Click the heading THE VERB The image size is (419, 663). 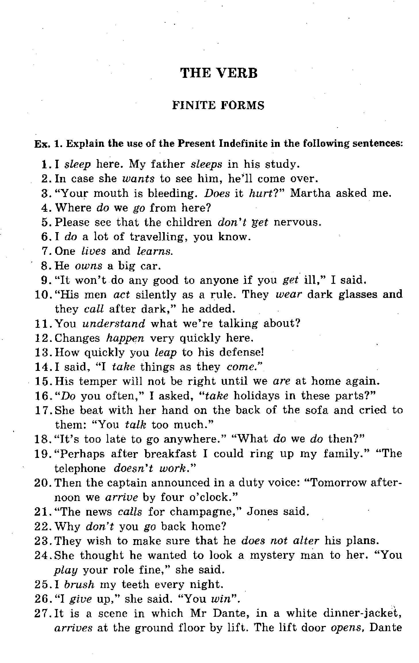(x=219, y=73)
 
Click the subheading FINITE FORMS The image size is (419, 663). (x=218, y=105)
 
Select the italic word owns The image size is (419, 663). (x=88, y=266)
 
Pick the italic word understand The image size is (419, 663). (x=114, y=324)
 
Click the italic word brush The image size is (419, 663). (x=79, y=584)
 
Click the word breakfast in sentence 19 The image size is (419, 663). (x=170, y=454)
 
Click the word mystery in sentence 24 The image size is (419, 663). (x=272, y=555)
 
